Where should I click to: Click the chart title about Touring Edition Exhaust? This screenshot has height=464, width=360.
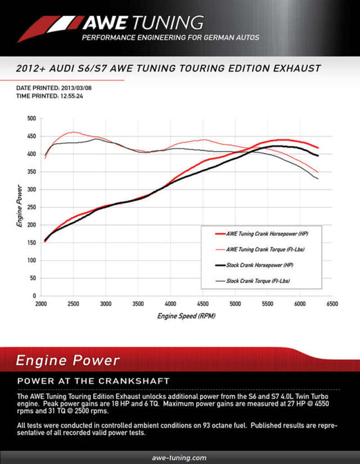pyautogui.click(x=168, y=68)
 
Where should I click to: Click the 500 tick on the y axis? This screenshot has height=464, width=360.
pyautogui.click(x=30, y=119)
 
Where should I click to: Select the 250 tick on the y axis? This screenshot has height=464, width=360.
pyautogui.click(x=30, y=207)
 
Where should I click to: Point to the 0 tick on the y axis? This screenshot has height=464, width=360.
pyautogui.click(x=33, y=295)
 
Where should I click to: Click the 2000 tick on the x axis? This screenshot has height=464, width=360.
pyautogui.click(x=41, y=304)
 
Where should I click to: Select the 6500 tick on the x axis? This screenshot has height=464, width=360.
pyautogui.click(x=331, y=304)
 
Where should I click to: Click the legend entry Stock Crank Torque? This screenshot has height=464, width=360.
pyautogui.click(x=255, y=280)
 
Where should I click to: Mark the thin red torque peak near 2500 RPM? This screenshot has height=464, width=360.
pyautogui.click(x=73, y=132)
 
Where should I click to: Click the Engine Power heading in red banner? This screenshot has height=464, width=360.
pyautogui.click(x=68, y=361)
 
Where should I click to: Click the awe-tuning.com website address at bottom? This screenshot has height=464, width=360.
pyautogui.click(x=180, y=457)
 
